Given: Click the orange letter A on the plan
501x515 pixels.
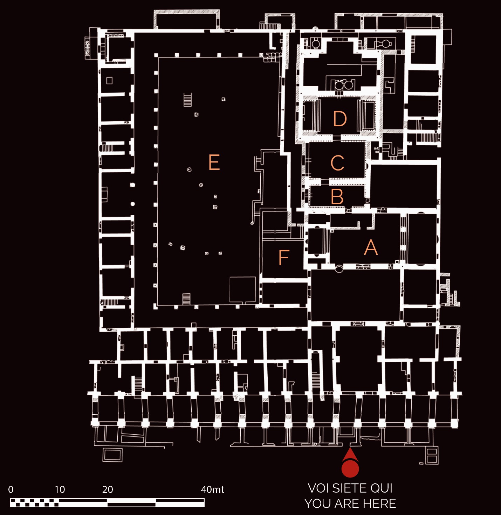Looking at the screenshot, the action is click(x=371, y=247).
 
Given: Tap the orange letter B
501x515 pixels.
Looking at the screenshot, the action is click(x=337, y=196).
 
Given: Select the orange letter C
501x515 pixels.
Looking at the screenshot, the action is click(x=337, y=163).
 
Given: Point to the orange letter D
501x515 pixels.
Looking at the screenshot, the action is click(x=340, y=119).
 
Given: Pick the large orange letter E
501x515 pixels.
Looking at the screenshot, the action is click(x=214, y=162).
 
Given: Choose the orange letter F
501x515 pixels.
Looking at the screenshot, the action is click(x=284, y=257).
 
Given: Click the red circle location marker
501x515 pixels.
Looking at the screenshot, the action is click(x=350, y=469).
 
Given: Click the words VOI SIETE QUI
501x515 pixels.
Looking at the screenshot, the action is click(x=350, y=489).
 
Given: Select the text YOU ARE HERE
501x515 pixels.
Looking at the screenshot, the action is click(x=350, y=504).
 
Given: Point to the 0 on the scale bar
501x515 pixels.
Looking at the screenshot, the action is click(x=11, y=490).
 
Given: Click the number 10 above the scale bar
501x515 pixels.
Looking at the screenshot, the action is click(x=60, y=490).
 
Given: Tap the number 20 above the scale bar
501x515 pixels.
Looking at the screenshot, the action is click(x=108, y=490).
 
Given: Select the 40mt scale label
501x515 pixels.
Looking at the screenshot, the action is click(x=212, y=490).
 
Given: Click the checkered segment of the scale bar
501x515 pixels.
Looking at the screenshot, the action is click(x=34, y=503).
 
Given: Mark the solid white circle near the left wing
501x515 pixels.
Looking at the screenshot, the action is click(x=133, y=204).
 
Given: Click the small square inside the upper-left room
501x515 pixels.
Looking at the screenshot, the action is click(x=109, y=80).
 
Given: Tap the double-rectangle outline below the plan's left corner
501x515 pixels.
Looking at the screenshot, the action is click(x=112, y=455).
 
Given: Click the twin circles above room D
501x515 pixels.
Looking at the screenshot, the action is click(x=343, y=85).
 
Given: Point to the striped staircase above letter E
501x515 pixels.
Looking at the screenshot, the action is click(x=187, y=100).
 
